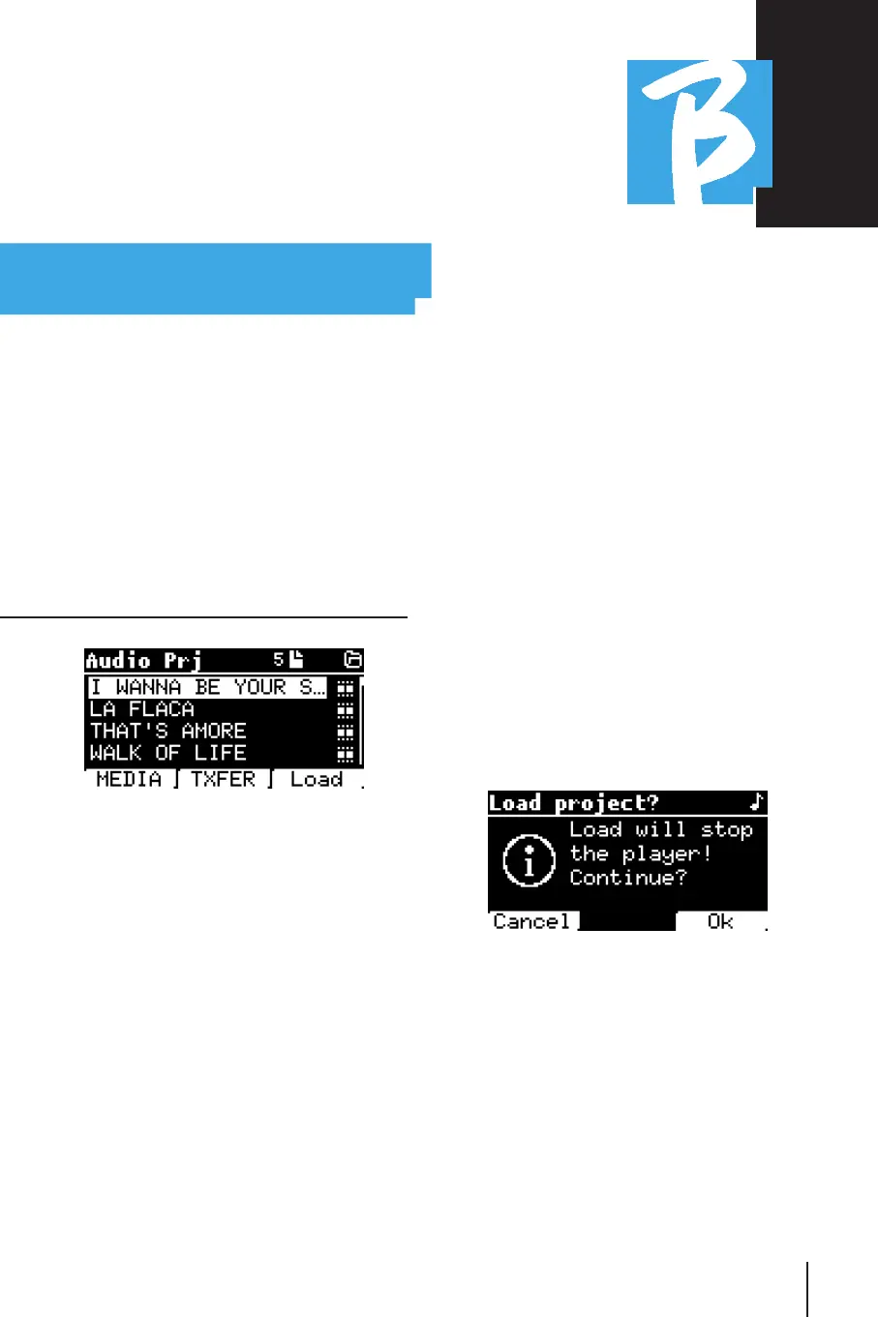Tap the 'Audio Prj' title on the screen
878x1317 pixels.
click(x=143, y=661)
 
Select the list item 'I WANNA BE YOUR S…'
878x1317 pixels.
click(x=207, y=687)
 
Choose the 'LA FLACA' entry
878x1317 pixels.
click(x=142, y=709)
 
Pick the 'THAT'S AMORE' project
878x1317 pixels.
click(x=168, y=732)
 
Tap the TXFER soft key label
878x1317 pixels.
click(x=224, y=779)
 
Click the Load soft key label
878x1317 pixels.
click(x=317, y=779)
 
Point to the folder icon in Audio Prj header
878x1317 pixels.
click(x=353, y=660)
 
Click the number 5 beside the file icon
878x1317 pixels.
click(x=278, y=660)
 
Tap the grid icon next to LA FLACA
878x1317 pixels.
click(x=346, y=710)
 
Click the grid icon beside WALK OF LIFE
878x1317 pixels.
click(x=346, y=754)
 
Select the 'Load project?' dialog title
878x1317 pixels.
click(x=573, y=803)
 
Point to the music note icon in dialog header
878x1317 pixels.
click(x=757, y=802)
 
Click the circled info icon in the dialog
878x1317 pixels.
click(x=529, y=859)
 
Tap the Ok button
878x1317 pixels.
click(x=720, y=921)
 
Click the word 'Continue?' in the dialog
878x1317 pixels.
click(x=628, y=878)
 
